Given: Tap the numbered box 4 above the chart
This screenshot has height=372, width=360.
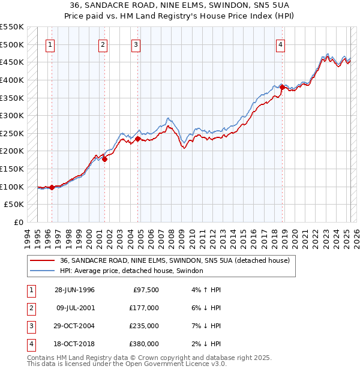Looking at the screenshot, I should coord(280,44).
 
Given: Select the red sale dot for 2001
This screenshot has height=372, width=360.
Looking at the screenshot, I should coord(104,159).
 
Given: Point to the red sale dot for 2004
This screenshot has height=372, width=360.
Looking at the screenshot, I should coord(138,139).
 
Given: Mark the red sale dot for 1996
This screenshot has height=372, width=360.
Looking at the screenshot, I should coord(52,187).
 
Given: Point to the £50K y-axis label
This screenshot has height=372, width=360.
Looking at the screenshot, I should coord(14,205).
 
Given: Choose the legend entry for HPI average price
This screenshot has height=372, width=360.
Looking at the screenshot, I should coord(131,271).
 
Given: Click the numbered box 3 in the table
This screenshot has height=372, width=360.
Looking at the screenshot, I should coord(31,326).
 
